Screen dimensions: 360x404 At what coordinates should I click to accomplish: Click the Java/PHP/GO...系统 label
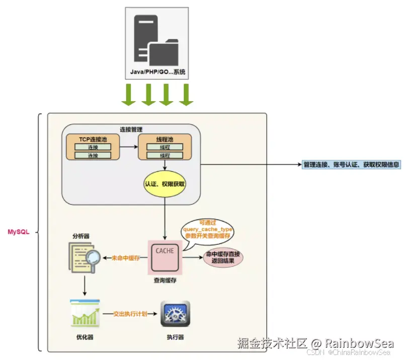tap(157, 73)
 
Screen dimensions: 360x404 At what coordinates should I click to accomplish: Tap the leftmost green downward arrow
tap(129, 95)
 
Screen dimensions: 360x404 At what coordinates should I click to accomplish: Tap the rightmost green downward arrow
tap(186, 95)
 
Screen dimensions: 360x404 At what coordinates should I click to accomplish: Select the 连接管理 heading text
tap(131, 129)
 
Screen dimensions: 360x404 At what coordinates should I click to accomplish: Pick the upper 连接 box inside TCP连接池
tap(93, 147)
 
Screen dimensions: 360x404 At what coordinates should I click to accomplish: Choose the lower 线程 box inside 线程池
tap(165, 156)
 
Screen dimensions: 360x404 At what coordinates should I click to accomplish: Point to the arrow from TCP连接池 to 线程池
tap(129, 147)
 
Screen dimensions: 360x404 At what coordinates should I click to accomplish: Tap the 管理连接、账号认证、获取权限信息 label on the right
tap(352, 165)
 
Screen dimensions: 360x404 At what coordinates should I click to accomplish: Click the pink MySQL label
tap(19, 232)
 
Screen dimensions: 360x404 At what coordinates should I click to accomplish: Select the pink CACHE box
tap(165, 256)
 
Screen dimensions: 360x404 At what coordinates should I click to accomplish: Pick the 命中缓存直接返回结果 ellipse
tap(223, 258)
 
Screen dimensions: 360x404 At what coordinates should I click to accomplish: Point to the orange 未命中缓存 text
tap(125, 258)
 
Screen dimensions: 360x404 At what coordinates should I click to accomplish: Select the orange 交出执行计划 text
tap(130, 314)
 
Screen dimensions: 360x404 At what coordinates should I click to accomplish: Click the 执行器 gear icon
tap(175, 314)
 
